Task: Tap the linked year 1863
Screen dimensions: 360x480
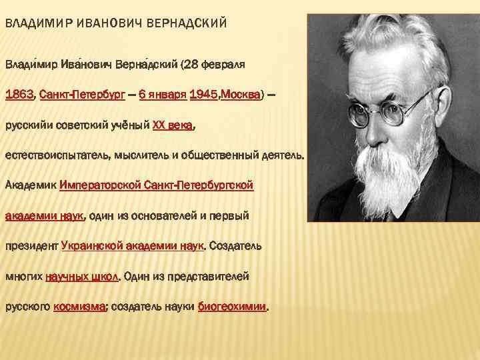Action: (19, 95)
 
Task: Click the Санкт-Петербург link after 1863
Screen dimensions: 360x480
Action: (77, 95)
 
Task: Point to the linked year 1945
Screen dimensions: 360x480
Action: (203, 95)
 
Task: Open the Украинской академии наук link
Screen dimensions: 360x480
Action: (132, 245)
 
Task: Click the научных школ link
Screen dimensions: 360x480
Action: (81, 276)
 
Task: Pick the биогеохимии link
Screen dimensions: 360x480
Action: (233, 307)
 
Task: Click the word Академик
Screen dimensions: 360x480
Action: (31, 185)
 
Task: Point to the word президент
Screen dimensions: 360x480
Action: (32, 245)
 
